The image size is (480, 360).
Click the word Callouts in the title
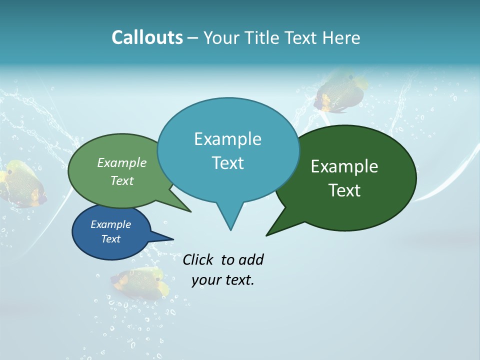pos(147,37)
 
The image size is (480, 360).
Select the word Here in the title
pos(340,38)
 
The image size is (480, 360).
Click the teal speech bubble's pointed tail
pos(230,220)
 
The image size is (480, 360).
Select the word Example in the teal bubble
pos(227,139)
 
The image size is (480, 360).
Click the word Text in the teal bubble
pos(227,163)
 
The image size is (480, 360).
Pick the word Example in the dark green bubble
pos(344,166)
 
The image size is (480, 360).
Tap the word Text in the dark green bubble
pos(344,190)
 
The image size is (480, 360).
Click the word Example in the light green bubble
pos(122,162)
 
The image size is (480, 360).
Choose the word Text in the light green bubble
pos(122,180)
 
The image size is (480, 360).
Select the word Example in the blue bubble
pos(110,224)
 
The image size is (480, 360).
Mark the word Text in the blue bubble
pos(110,239)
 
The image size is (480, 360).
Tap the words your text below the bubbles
pos(222,280)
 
